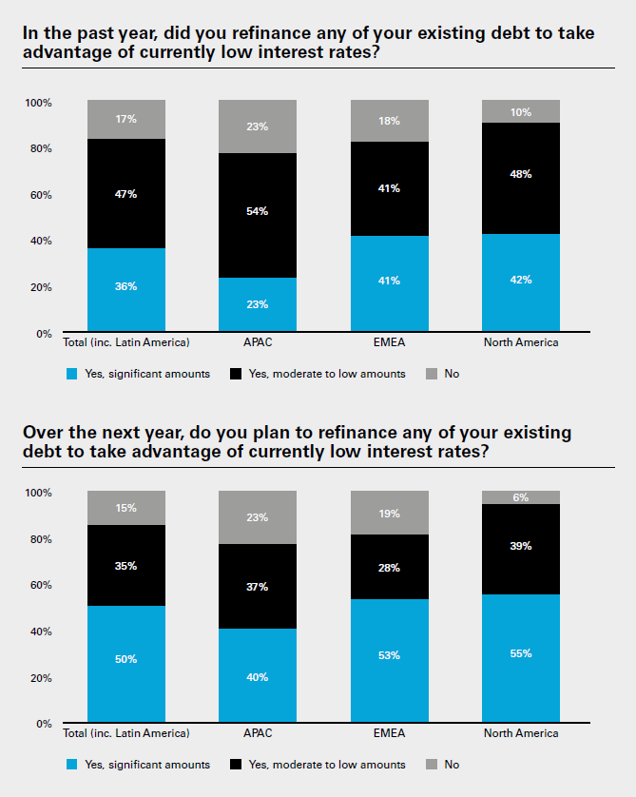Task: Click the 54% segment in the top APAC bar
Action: point(257,215)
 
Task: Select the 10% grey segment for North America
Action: point(520,111)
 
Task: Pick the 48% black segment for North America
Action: point(520,178)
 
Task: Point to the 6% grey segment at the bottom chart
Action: point(520,497)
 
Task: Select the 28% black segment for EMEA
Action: point(388,567)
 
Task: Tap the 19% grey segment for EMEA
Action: point(388,513)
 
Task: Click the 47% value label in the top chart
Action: point(125,194)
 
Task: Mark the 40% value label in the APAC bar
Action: point(257,677)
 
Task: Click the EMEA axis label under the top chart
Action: point(388,342)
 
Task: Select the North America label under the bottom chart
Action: point(520,733)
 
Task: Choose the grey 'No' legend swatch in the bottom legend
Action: point(429,765)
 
